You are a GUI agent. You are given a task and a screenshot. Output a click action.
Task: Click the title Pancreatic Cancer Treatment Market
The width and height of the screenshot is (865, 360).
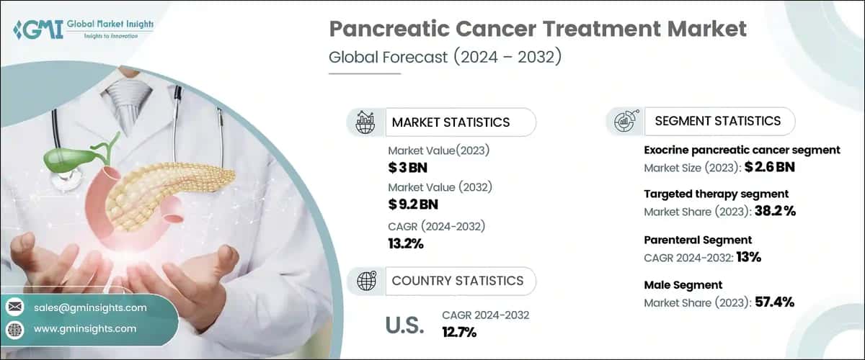click(x=538, y=30)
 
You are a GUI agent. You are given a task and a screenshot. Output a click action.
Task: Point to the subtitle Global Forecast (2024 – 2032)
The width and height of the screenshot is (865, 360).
click(x=444, y=58)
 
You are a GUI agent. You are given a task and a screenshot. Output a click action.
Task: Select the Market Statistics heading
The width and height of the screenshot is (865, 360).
click(x=451, y=122)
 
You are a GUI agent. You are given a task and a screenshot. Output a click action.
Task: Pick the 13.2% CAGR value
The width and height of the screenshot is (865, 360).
click(x=406, y=243)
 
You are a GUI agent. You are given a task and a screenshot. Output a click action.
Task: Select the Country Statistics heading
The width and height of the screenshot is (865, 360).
click(x=457, y=281)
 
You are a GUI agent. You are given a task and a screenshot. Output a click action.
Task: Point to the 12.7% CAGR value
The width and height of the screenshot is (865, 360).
click(x=459, y=332)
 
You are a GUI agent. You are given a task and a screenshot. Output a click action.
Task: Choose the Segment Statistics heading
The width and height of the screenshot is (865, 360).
click(x=717, y=121)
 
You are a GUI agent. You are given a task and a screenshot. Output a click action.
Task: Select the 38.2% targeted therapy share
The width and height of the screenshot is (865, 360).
click(x=771, y=211)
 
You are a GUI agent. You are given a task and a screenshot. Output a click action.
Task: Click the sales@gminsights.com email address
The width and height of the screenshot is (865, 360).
click(x=90, y=307)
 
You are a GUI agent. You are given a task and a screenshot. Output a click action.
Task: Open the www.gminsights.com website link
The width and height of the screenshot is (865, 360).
click(x=84, y=328)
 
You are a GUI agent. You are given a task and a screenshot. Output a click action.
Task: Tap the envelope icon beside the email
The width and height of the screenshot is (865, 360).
click(x=15, y=308)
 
